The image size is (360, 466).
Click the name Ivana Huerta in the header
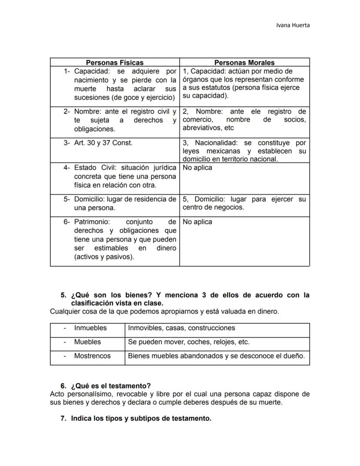click(293, 25)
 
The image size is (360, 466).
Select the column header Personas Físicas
click(114, 63)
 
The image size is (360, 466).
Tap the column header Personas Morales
click(244, 63)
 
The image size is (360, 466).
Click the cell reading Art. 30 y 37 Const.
click(103, 143)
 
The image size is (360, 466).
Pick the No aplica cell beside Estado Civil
click(197, 168)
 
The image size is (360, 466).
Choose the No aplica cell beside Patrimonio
click(197, 222)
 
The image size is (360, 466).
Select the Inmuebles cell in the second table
click(90, 328)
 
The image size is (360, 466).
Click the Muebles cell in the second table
click(87, 342)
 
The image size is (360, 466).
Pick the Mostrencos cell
click(92, 356)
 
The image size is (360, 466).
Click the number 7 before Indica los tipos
click(63, 419)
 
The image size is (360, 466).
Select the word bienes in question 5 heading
click(137, 295)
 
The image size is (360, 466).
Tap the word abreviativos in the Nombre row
click(201, 128)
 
